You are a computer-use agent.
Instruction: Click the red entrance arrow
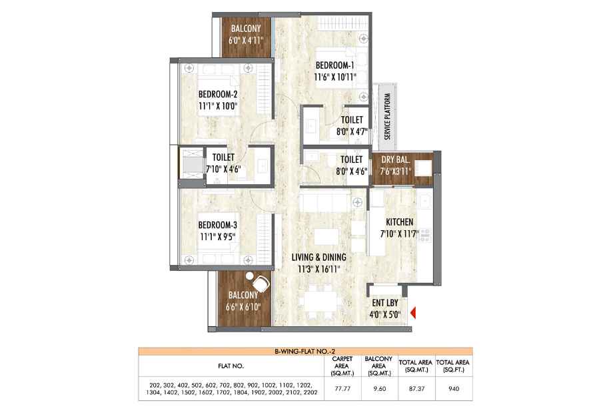pyautogui.click(x=413, y=313)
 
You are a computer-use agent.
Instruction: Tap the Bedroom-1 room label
pyautogui.click(x=334, y=65)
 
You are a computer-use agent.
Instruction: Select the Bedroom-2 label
pyautogui.click(x=218, y=94)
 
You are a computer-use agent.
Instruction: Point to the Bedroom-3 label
pyautogui.click(x=217, y=225)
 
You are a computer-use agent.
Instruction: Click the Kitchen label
pyautogui.click(x=400, y=222)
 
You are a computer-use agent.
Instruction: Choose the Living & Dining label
pyautogui.click(x=319, y=257)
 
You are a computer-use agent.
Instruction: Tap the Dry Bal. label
pyautogui.click(x=395, y=159)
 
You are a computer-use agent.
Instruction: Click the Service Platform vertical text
pyautogui.click(x=387, y=116)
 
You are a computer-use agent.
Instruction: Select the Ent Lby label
pyautogui.click(x=385, y=302)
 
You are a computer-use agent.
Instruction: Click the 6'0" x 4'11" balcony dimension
pyautogui.click(x=246, y=40)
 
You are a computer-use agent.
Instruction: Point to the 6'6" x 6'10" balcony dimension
pyautogui.click(x=243, y=307)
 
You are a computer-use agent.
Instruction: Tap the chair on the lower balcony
pyautogui.click(x=261, y=282)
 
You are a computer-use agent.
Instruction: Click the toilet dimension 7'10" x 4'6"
pyautogui.click(x=223, y=169)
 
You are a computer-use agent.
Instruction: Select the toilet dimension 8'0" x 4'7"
pyautogui.click(x=352, y=131)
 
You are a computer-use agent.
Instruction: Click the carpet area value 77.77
pyautogui.click(x=342, y=388)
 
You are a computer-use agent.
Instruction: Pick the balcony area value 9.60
pyautogui.click(x=380, y=388)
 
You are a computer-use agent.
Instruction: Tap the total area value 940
pyautogui.click(x=454, y=388)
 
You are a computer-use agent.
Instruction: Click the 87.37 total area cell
pyautogui.click(x=416, y=388)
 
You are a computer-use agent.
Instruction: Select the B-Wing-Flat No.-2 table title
pyautogui.click(x=305, y=352)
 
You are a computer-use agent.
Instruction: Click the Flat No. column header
pyautogui.click(x=231, y=366)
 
